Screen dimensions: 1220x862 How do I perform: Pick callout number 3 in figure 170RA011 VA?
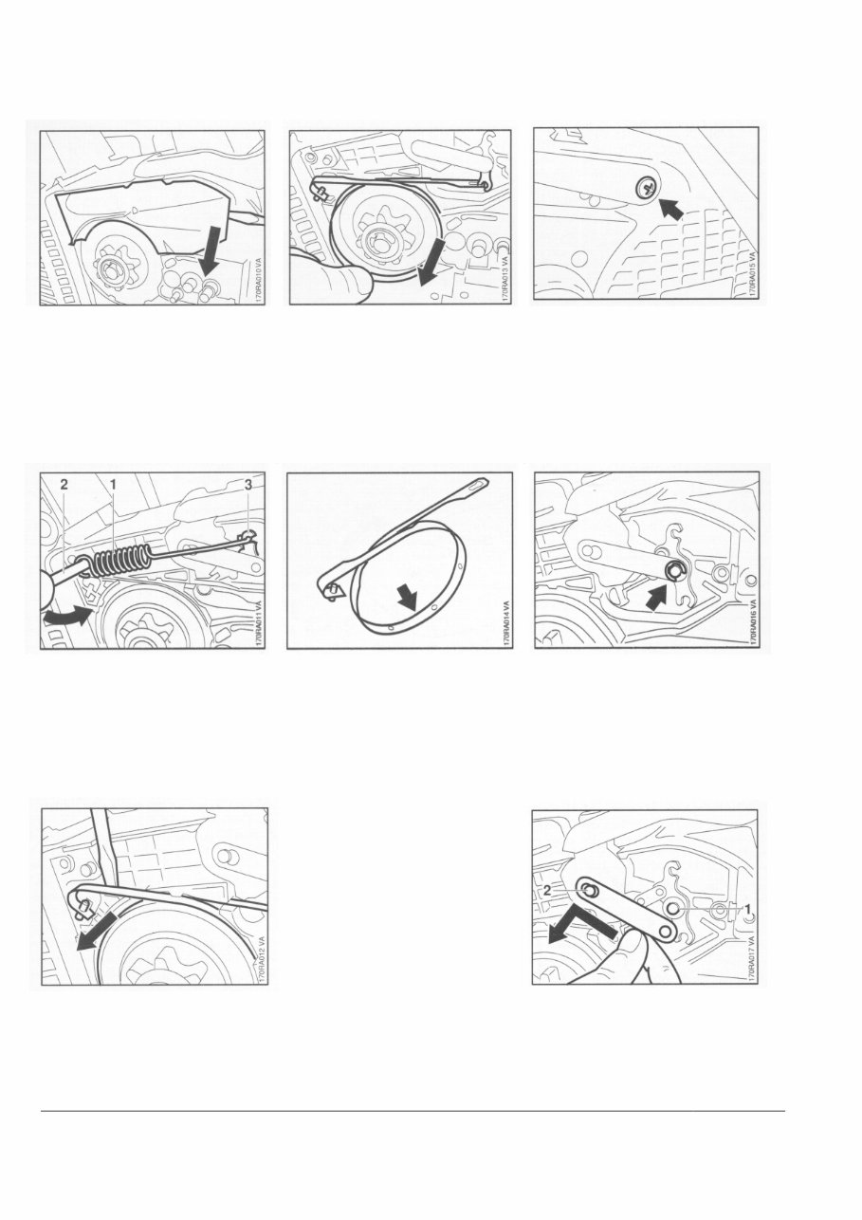(248, 484)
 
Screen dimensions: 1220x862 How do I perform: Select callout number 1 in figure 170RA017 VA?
(747, 908)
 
